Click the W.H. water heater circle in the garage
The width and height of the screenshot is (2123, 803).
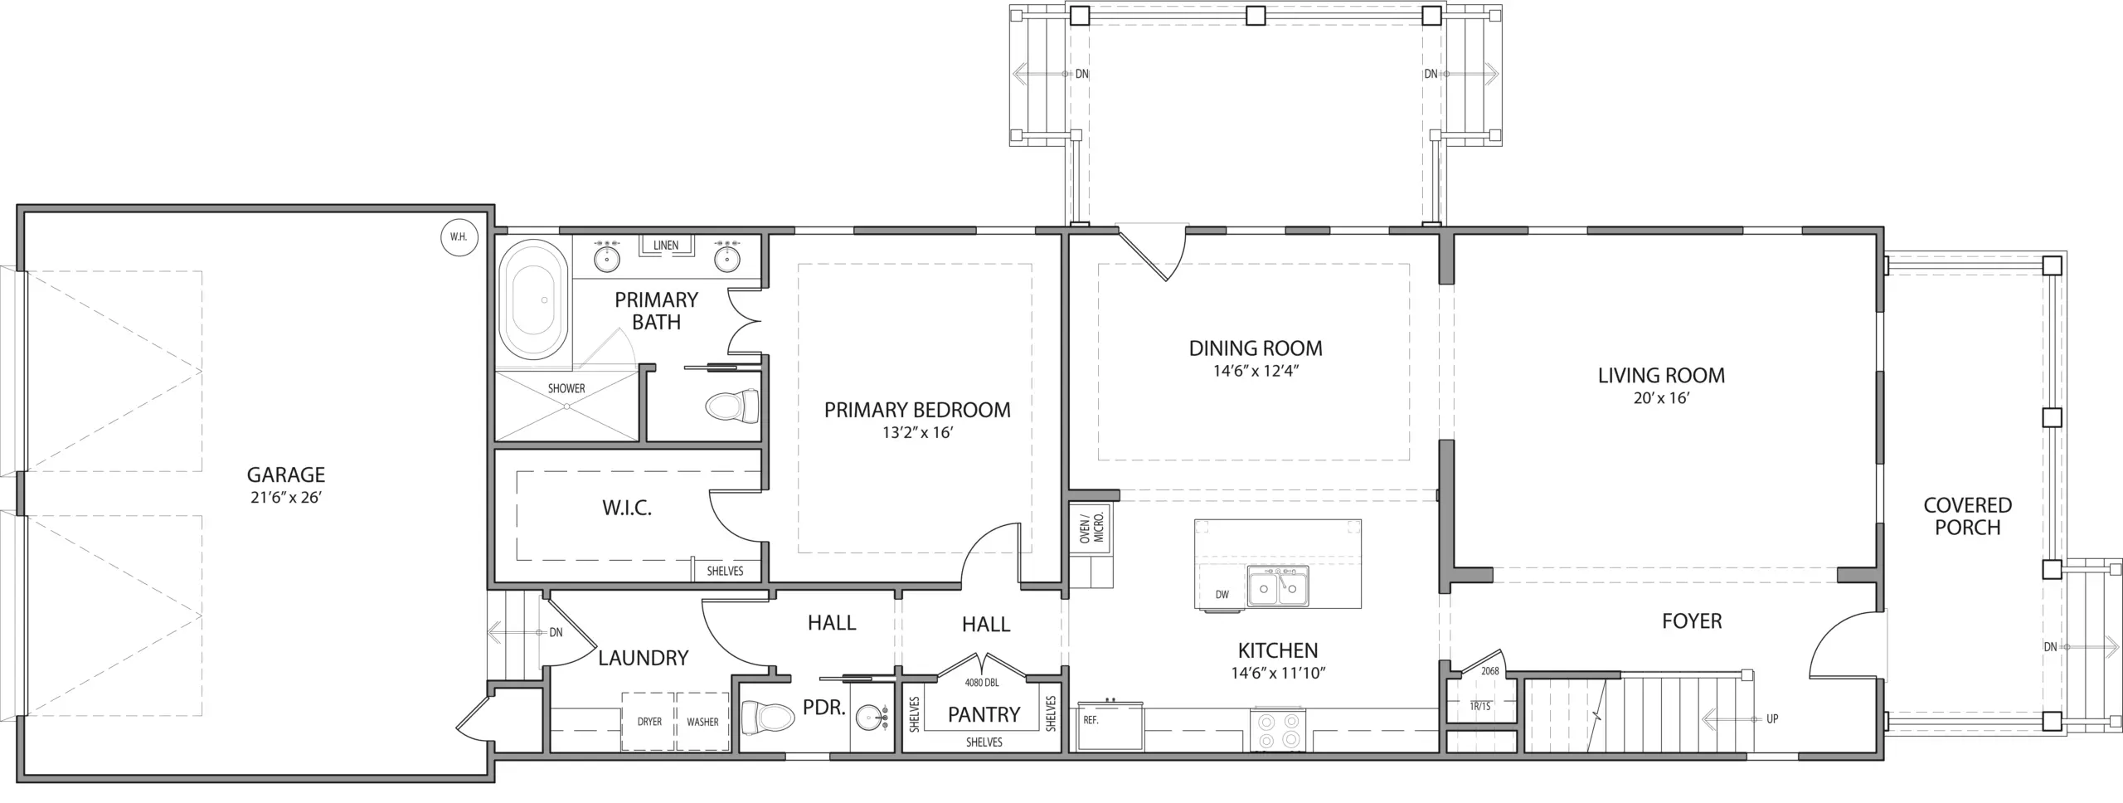tap(459, 237)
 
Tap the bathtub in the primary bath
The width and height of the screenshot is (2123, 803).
tap(539, 299)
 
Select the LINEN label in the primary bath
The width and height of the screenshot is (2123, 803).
tap(666, 246)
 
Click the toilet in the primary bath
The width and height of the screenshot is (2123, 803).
tap(732, 406)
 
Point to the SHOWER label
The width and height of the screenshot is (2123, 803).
tap(566, 388)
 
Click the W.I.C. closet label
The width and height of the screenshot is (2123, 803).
tap(627, 508)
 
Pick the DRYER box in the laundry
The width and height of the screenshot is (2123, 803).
tap(649, 722)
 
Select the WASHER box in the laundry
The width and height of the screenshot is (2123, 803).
tap(702, 722)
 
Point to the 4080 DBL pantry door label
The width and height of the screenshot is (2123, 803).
tap(982, 684)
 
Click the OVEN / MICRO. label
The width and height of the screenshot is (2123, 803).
tap(1092, 528)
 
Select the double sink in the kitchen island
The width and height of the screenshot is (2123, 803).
tap(1278, 586)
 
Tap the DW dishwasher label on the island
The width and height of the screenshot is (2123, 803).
tap(1222, 594)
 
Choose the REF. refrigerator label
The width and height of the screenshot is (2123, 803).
tap(1091, 720)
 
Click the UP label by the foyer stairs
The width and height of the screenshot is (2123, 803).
tap(1772, 718)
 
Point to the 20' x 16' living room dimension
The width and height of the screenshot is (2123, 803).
tap(1662, 398)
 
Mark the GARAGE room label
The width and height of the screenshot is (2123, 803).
tap(286, 474)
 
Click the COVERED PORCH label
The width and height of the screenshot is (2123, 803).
tap(1968, 516)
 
